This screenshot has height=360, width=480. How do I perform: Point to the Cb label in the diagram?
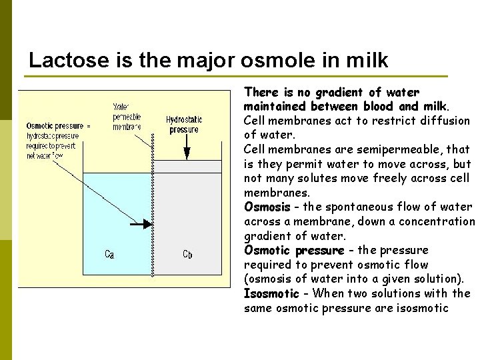pos(189,254)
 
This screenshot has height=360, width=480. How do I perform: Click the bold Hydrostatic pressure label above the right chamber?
pos(184,125)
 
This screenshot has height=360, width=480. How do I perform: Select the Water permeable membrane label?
pos(126,117)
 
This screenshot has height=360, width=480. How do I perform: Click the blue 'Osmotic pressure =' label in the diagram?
pos(59,126)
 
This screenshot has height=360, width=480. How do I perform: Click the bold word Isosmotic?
pos(271,294)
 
